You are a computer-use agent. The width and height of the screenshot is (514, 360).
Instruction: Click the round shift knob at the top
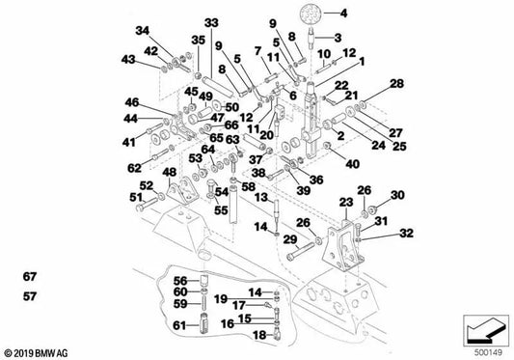(x=311, y=14)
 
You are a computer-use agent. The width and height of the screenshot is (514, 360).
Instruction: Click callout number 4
(x=343, y=14)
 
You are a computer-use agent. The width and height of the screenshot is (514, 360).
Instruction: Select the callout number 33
(x=211, y=23)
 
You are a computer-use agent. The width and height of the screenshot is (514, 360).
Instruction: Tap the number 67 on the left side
(x=30, y=277)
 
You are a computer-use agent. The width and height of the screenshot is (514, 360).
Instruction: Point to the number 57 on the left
(x=30, y=296)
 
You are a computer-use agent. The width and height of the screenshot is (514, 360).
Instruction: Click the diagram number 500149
(x=488, y=353)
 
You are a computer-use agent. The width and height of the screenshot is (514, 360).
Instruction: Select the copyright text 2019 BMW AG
(x=36, y=353)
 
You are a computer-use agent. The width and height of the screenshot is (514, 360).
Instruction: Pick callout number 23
(x=346, y=202)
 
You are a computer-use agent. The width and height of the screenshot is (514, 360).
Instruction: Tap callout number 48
(x=170, y=172)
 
